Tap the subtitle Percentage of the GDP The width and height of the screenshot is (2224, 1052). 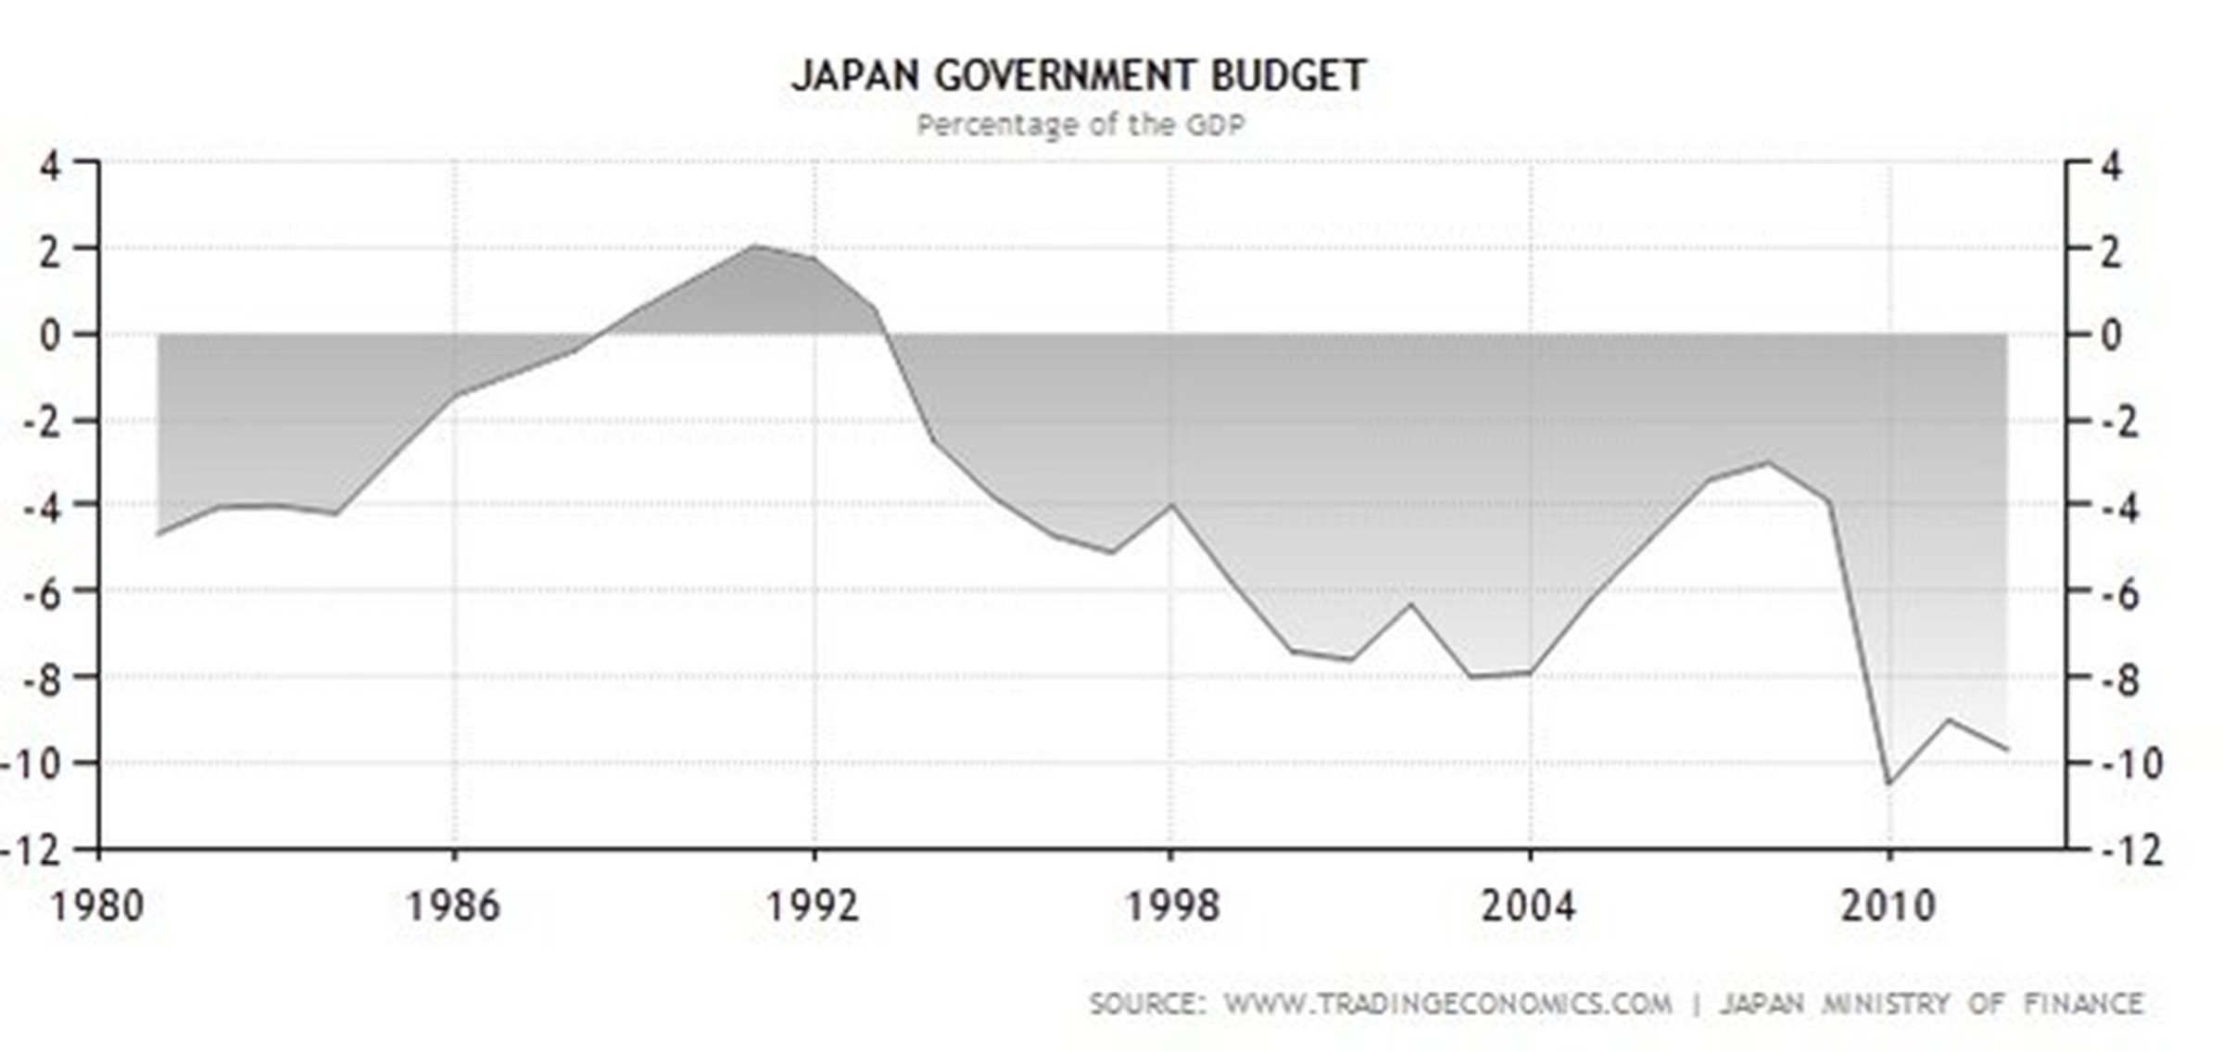point(1080,125)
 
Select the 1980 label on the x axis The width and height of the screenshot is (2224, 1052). point(97,906)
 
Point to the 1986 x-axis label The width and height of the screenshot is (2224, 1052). point(453,906)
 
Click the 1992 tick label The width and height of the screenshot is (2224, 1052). point(813,906)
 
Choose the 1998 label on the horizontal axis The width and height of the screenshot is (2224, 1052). point(1171,906)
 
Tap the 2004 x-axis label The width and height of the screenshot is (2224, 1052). point(1529,906)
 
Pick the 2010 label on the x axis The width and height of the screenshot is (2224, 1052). point(1889,906)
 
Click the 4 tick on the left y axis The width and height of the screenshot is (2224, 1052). point(48,168)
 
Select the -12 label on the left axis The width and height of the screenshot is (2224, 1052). point(32,850)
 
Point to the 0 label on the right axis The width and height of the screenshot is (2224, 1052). point(2111,335)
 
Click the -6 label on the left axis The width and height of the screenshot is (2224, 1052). point(42,592)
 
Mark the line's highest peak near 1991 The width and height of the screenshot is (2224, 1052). point(755,246)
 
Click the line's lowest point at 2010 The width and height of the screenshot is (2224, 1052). point(1889,784)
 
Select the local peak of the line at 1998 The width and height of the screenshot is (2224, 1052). point(1171,504)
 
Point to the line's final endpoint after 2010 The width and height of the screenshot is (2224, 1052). point(2007,750)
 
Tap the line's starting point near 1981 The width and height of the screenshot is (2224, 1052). point(158,535)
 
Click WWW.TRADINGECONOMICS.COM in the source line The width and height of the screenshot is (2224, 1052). point(1447,1004)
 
